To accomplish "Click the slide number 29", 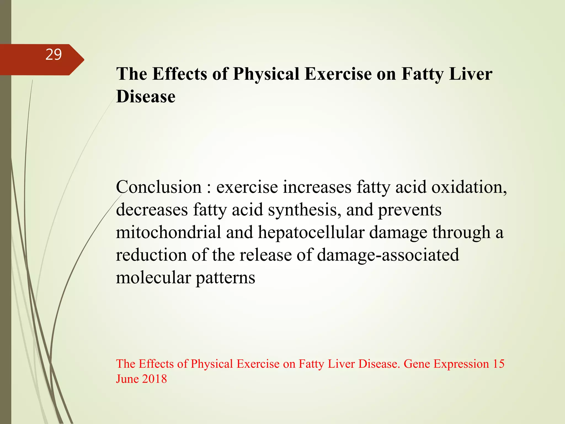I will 54,55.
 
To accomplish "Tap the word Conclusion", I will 159,187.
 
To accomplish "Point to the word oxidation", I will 469,187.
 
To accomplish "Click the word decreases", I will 152,210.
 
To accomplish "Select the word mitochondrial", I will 168,232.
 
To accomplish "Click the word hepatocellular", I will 311,232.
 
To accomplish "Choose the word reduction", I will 151,255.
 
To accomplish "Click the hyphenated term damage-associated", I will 388,255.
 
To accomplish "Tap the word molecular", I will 153,278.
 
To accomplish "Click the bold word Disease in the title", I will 146,97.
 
